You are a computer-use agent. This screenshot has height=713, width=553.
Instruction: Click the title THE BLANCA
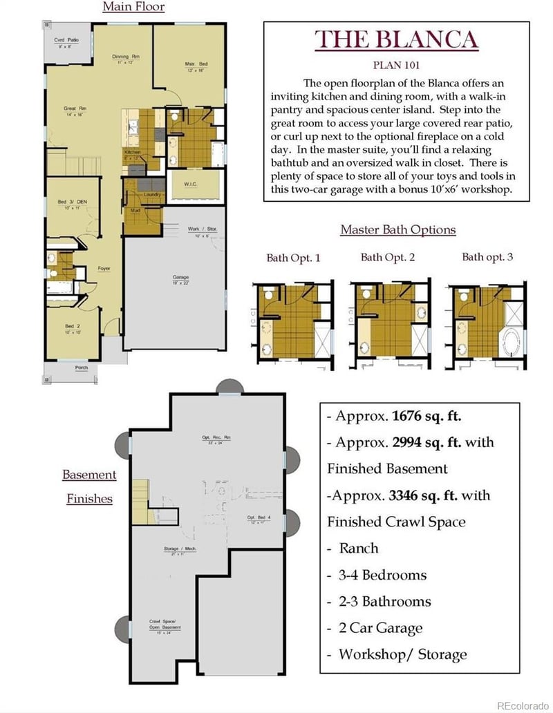(396, 39)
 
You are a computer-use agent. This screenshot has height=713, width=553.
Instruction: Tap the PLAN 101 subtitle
(396, 66)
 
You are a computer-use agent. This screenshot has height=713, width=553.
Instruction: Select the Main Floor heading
(133, 8)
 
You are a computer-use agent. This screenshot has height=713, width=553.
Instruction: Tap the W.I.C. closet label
(192, 184)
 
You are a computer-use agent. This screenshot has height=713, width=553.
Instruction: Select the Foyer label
(104, 268)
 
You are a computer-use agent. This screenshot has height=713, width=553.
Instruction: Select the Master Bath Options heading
(397, 229)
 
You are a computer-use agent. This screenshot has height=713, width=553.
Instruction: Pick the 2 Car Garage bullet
(380, 628)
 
